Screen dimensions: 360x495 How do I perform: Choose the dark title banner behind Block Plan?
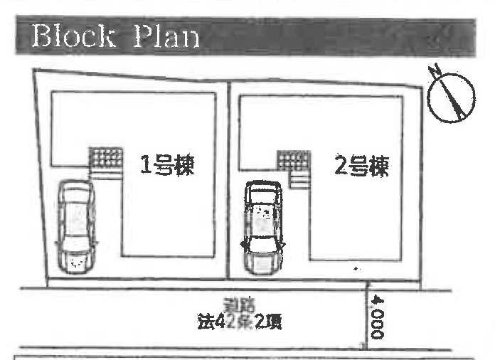320,36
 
